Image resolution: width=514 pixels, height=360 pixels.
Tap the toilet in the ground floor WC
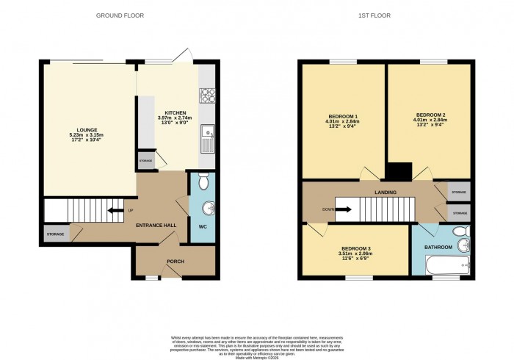click(203, 180)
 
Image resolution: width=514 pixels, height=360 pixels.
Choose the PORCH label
click(175, 262)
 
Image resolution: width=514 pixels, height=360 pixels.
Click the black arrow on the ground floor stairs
click(112, 212)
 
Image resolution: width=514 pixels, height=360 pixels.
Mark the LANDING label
click(385, 192)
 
